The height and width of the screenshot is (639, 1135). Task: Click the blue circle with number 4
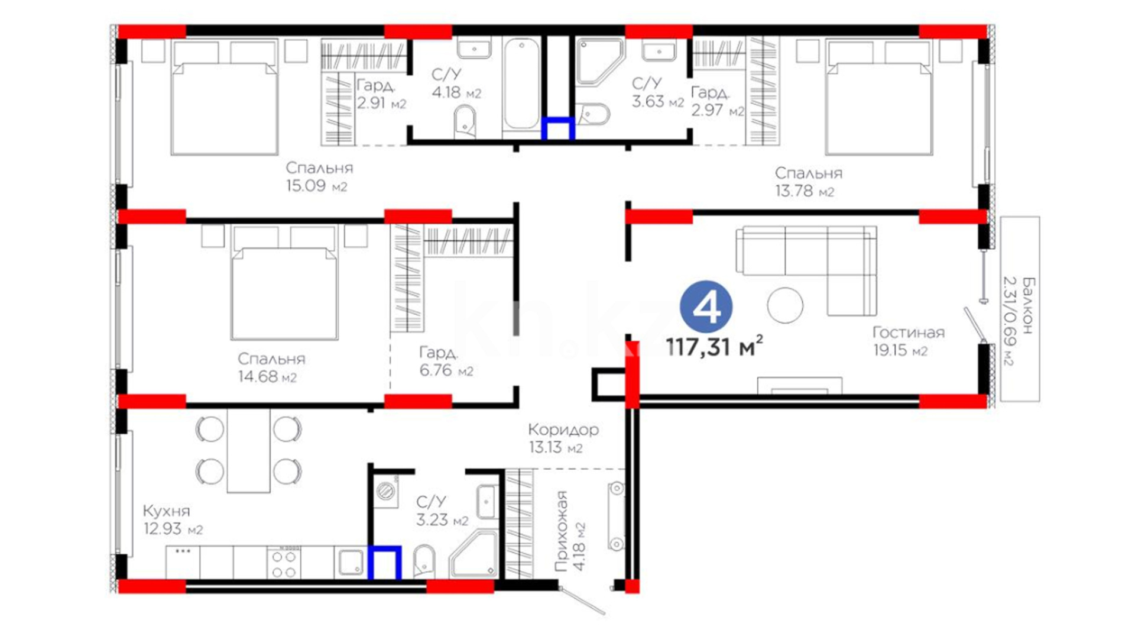click(706, 306)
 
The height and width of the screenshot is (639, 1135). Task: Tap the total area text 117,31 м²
click(714, 346)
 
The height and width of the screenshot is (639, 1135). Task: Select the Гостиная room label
click(909, 333)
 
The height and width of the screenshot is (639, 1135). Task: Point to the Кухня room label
click(167, 511)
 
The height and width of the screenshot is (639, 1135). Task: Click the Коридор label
click(563, 430)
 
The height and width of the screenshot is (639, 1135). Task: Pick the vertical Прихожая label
click(561, 531)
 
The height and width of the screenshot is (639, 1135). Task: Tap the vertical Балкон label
click(1029, 305)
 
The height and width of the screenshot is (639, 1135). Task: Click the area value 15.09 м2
click(317, 186)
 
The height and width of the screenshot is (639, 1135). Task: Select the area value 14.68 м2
click(267, 377)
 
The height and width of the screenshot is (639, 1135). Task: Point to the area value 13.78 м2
click(805, 191)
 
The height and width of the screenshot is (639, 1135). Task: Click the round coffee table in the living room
click(785, 305)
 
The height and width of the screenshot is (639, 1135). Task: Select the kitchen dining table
click(249, 451)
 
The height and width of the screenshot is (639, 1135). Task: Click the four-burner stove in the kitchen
click(284, 563)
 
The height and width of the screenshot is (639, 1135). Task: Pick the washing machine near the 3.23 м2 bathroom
click(385, 490)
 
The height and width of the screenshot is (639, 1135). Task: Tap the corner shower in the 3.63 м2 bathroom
click(598, 62)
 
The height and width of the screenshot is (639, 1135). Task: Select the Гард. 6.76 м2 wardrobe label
click(446, 362)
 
